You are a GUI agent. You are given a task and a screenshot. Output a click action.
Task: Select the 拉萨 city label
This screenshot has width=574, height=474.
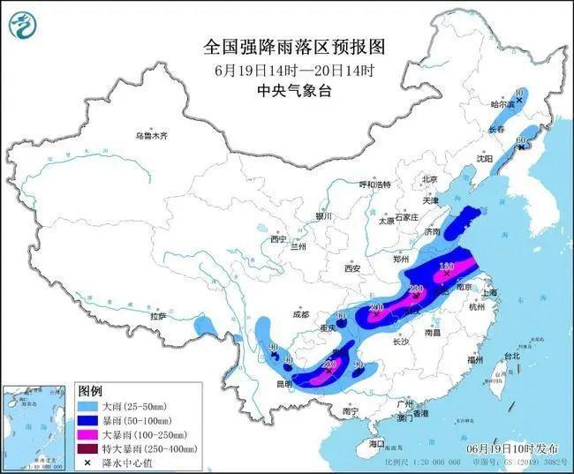[158, 315]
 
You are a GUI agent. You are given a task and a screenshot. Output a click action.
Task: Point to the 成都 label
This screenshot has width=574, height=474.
[300, 314]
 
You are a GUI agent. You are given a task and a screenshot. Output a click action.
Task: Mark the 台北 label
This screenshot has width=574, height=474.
[511, 356]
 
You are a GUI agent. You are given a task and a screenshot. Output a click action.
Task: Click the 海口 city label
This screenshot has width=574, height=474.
[378, 442]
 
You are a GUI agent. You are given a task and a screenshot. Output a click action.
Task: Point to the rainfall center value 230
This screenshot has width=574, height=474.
[417, 290]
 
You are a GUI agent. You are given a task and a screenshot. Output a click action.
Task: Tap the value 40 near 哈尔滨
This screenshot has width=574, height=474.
[519, 92]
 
